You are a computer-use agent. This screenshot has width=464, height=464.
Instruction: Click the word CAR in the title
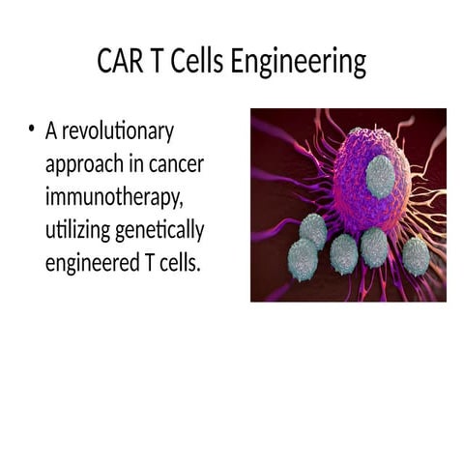point(118,63)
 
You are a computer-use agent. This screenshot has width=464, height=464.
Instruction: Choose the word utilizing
point(77,231)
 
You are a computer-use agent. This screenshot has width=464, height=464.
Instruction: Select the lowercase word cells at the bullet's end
point(177,264)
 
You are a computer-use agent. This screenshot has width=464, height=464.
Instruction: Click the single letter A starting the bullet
point(51,131)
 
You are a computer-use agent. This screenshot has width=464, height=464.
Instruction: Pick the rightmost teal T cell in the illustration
point(416,256)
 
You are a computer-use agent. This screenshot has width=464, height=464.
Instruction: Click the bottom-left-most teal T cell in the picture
point(303,259)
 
